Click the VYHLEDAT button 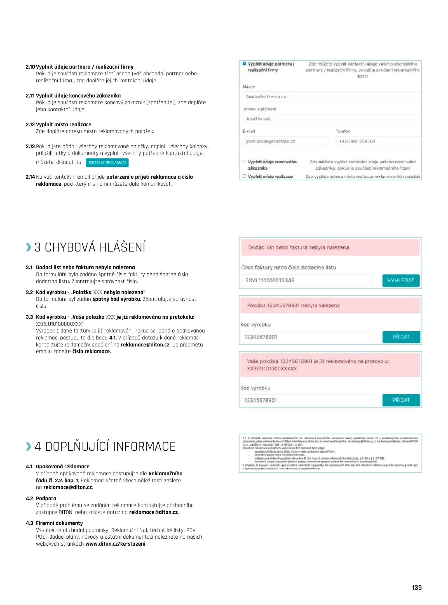[401, 280]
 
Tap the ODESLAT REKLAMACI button [107, 162]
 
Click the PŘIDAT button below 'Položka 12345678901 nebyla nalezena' [401, 337]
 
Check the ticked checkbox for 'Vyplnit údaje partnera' [244, 64]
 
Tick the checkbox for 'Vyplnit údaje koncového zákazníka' [244, 162]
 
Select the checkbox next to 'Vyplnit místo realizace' [244, 176]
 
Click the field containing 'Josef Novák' [331, 119]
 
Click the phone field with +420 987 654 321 [378, 141]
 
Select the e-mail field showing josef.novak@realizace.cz [285, 141]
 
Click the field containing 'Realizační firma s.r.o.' [331, 97]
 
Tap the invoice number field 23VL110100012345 [307, 280]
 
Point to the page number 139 [417, 587]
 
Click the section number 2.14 [30, 177]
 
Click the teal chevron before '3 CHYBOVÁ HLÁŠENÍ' [29, 247]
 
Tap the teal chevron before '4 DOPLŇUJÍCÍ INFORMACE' [29, 446]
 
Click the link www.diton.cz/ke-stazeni [115, 544]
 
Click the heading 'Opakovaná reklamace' [63, 466]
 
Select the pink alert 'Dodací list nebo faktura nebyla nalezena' [330, 247]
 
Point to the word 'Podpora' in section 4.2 [46, 498]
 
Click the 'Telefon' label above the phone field [343, 131]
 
